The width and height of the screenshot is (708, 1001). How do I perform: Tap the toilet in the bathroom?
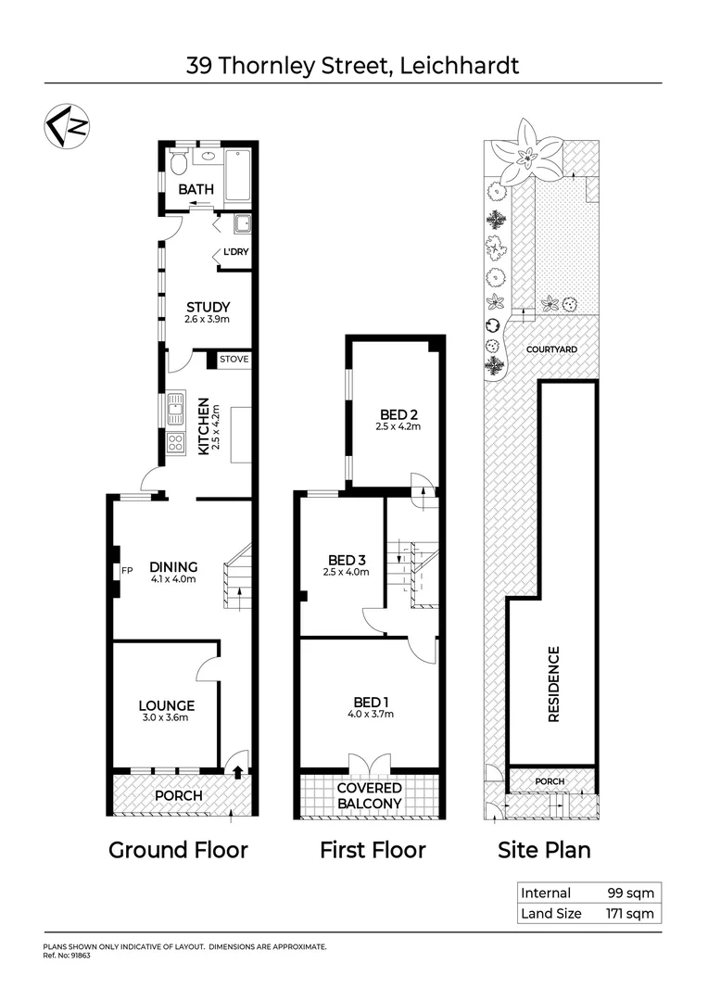pos(179,164)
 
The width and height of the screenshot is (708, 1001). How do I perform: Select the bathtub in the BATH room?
pos(237,176)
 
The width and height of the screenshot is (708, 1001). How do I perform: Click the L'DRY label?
pos(235,252)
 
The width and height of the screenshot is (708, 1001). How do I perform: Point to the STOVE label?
pos(234,359)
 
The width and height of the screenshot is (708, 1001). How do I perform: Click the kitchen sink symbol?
pos(176,408)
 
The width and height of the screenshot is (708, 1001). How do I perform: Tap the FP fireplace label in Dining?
pos(124,569)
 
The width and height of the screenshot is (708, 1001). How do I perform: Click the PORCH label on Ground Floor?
pos(178,796)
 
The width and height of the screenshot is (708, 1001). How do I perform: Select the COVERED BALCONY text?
pos(369,795)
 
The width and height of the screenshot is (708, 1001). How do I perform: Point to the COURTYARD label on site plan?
pos(551,349)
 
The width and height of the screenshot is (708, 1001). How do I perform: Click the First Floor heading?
pos(373,849)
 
